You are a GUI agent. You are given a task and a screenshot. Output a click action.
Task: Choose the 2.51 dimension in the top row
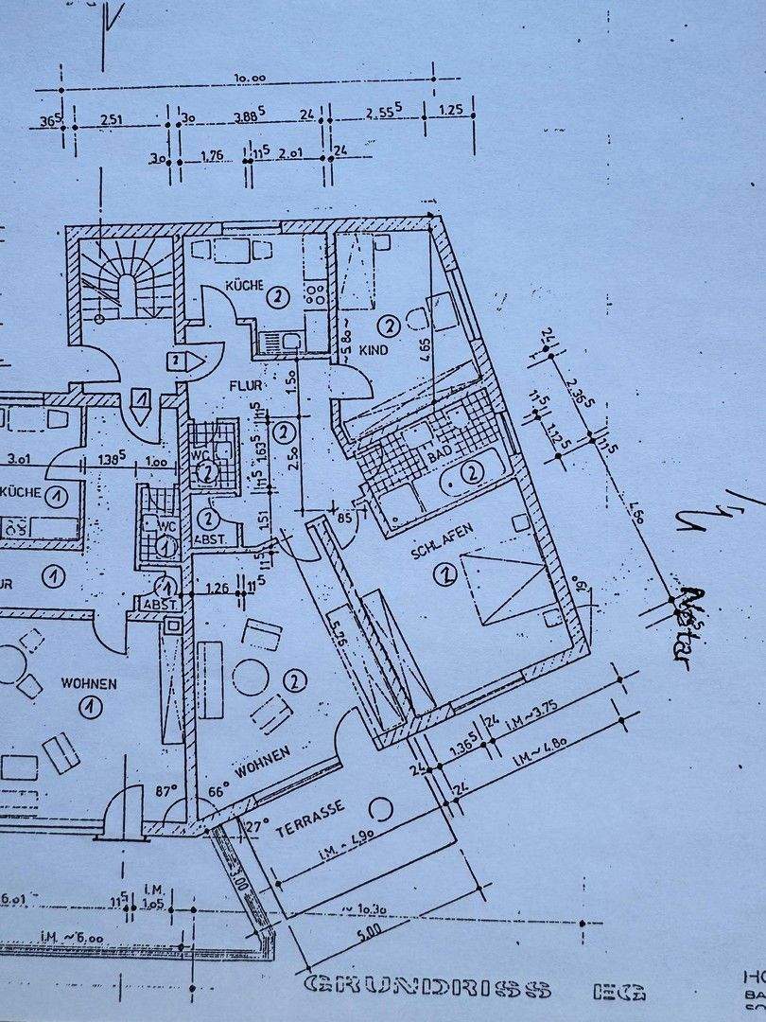coord(113,118)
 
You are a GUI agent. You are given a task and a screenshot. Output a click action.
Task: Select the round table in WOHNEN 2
coord(252,677)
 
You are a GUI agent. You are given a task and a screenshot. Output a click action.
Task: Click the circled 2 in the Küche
coord(276,297)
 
